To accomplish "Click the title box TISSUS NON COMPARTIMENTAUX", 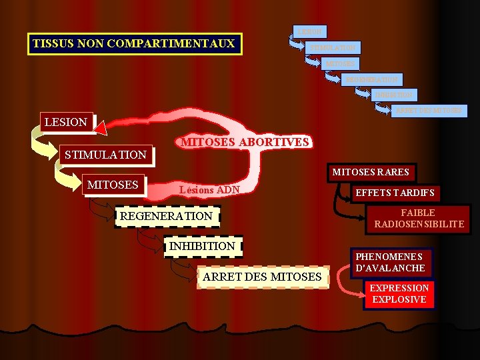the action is click(134, 44).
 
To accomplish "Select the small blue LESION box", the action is click(309, 31).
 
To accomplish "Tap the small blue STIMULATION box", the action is click(333, 47).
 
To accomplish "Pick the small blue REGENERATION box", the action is click(371, 79).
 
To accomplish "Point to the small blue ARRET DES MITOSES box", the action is click(429, 110).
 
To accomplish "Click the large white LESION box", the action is click(65, 122).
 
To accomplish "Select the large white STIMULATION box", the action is click(105, 155).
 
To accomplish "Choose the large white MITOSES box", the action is click(113, 185).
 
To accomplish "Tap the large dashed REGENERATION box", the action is click(166, 216).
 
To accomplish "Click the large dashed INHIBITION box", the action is click(203, 246).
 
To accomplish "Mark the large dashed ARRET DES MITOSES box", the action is click(263, 277).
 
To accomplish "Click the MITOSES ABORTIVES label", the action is click(245, 142).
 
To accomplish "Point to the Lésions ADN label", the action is click(209, 189).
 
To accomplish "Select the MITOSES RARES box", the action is click(371, 173).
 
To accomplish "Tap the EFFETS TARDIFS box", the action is click(395, 193).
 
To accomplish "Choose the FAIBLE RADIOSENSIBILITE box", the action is click(419, 219).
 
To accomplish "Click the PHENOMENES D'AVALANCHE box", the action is click(390, 262).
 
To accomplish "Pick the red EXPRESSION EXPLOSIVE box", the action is click(399, 293).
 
